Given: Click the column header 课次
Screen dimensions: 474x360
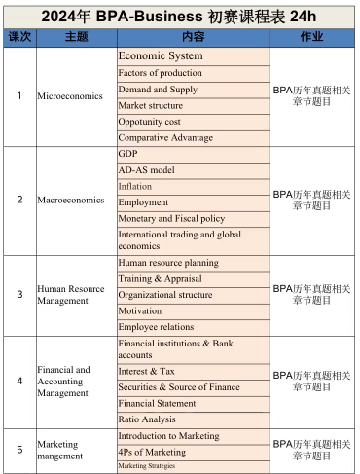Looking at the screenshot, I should (x=19, y=37).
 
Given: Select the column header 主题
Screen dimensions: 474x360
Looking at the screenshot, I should (x=75, y=37).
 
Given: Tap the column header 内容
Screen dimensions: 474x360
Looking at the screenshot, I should (x=193, y=37).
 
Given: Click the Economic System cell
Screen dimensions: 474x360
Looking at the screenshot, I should (x=193, y=56).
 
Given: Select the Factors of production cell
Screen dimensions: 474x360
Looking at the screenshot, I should (x=193, y=73).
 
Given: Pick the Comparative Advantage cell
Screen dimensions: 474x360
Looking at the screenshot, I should (x=193, y=138).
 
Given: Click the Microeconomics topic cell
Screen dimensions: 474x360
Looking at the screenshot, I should (x=75, y=96).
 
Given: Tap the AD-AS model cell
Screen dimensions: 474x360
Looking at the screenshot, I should (x=193, y=170).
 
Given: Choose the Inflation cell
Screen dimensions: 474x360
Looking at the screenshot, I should (x=193, y=186).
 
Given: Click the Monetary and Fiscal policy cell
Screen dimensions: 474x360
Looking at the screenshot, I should (x=193, y=219).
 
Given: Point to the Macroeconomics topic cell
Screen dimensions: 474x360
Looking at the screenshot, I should (x=75, y=201).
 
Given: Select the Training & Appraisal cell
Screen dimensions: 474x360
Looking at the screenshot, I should (x=193, y=279).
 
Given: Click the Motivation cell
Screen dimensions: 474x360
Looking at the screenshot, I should (x=193, y=311).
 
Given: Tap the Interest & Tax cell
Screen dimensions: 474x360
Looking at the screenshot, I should (x=193, y=371).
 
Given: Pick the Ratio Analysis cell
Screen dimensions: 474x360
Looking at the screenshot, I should (x=193, y=419).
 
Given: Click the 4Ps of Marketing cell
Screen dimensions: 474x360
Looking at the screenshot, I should (x=193, y=452).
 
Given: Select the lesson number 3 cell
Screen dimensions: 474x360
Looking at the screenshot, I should (x=19, y=295).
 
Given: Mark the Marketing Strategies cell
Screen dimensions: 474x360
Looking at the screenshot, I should (x=193, y=466).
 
